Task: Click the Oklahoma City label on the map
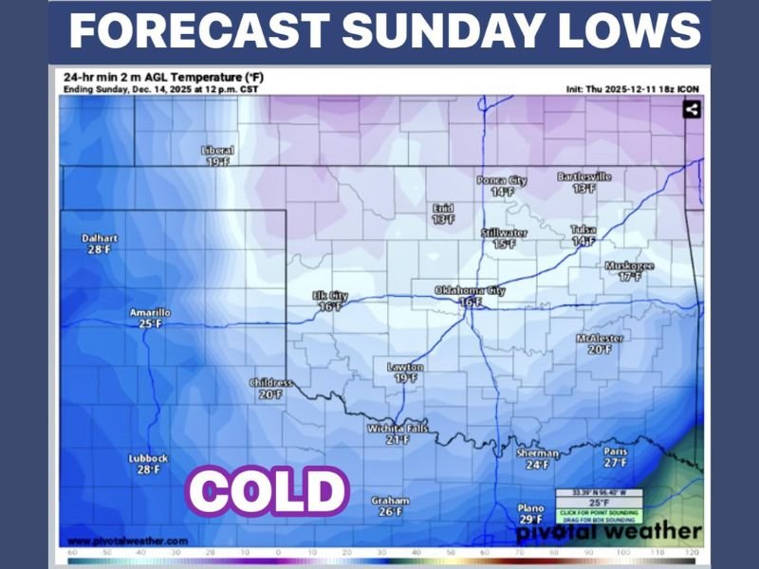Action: coord(470,289)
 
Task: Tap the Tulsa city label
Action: coord(583,229)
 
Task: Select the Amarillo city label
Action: coord(151,312)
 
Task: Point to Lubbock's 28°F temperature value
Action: coord(149,469)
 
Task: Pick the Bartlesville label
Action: coord(584,176)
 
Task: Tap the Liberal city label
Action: coord(217,150)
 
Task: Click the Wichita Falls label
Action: coord(398,429)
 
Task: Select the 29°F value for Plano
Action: coord(530,519)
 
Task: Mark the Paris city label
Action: coord(616,451)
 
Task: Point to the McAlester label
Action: coord(600,339)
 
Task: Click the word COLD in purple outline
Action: coord(268,490)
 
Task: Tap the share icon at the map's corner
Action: coord(691,109)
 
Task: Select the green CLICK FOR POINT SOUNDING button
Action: coord(599,513)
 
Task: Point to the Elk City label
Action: coord(330,296)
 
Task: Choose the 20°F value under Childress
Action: coord(271,395)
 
